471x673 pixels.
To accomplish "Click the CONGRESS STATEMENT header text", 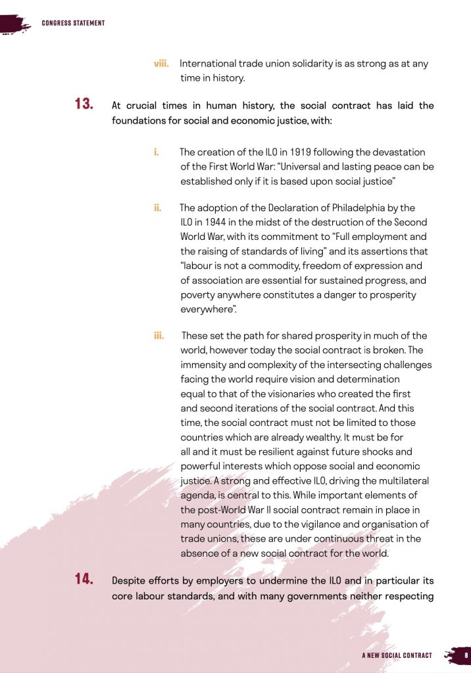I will [73, 24].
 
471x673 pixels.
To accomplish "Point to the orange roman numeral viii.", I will [161, 64].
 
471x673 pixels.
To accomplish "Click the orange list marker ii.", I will [158, 208].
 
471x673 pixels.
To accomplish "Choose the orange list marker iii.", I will [159, 336].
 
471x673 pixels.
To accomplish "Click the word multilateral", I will [400, 480].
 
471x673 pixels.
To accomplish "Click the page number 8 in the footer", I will [466, 655].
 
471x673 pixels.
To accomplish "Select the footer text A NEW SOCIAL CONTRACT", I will [397, 655].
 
